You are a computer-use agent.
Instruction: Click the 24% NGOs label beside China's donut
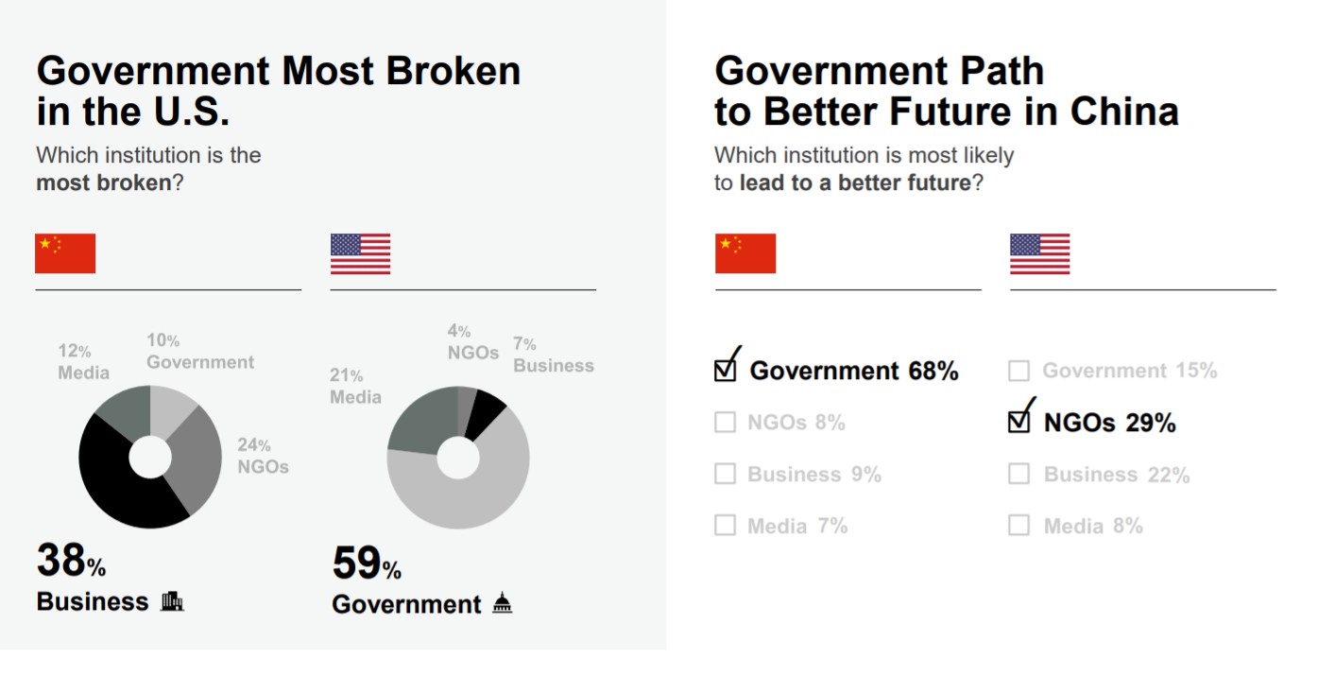(x=262, y=456)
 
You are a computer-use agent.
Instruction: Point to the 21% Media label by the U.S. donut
(x=355, y=386)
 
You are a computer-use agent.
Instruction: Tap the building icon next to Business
(x=172, y=601)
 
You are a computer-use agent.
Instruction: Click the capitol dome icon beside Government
(x=503, y=603)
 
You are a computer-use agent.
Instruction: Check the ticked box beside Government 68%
(x=726, y=370)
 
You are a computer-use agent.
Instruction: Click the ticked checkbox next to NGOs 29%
(x=1019, y=421)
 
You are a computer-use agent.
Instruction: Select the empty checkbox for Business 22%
(x=1018, y=474)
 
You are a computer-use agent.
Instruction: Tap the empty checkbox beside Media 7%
(x=725, y=525)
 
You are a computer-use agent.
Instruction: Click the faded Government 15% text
(x=1130, y=371)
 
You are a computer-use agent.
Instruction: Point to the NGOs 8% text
(x=796, y=423)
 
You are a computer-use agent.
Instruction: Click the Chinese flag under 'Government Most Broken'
(x=65, y=253)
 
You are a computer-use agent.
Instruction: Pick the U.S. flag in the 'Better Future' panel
(x=1039, y=253)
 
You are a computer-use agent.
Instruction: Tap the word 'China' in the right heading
(x=1124, y=113)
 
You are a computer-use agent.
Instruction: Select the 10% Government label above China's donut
(x=199, y=352)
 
